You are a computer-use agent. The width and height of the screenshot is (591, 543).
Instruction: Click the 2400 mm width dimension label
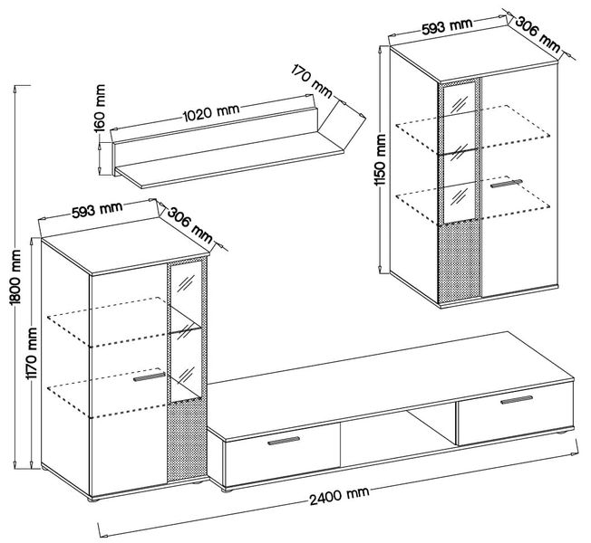click(x=339, y=496)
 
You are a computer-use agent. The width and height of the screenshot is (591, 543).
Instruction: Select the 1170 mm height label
click(x=32, y=354)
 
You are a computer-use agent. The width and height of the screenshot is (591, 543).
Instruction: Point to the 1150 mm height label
click(x=381, y=160)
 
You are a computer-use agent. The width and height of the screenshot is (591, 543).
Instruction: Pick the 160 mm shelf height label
click(x=99, y=108)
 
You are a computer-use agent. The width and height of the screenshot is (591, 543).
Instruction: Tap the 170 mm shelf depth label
click(x=312, y=81)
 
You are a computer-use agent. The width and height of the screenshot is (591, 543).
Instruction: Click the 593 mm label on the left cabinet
click(x=97, y=210)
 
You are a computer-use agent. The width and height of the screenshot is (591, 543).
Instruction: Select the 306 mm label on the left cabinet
click(x=189, y=224)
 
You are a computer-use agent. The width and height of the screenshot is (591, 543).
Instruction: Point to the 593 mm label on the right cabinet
click(x=447, y=27)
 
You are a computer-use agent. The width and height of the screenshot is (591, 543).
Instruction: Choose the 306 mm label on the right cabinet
click(x=538, y=34)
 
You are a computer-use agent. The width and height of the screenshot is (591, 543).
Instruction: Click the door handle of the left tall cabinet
click(x=150, y=377)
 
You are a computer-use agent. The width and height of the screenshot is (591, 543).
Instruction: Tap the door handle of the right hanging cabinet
click(x=506, y=183)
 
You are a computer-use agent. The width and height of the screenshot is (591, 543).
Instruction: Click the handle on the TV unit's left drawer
click(x=284, y=441)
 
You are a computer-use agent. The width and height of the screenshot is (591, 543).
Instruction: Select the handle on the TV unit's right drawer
click(x=517, y=400)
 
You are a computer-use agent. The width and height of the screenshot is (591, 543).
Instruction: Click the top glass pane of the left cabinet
click(x=186, y=284)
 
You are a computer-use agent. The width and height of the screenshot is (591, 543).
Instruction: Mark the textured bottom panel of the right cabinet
click(x=460, y=262)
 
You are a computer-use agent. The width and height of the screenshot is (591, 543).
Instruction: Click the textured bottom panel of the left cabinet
click(x=187, y=439)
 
